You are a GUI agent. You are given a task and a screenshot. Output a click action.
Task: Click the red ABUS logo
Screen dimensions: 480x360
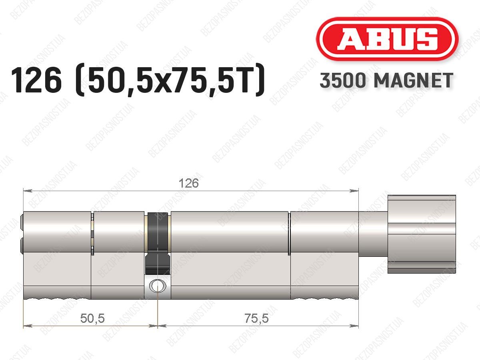[x=387, y=39]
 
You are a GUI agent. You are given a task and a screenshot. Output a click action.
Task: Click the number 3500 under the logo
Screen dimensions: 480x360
[x=343, y=80]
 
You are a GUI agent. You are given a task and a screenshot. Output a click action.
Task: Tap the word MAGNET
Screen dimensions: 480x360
[x=414, y=80]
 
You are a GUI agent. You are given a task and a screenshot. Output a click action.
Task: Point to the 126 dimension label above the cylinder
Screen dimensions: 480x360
[x=188, y=183]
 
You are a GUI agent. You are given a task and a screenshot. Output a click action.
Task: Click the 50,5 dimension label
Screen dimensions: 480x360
[x=92, y=318]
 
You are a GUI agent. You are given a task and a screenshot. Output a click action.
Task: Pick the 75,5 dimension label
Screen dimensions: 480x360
[x=256, y=318]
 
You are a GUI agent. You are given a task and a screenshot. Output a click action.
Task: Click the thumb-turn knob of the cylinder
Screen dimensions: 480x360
[x=422, y=234]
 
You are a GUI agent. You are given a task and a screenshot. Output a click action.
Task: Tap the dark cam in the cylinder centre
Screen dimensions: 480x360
[x=158, y=243]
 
